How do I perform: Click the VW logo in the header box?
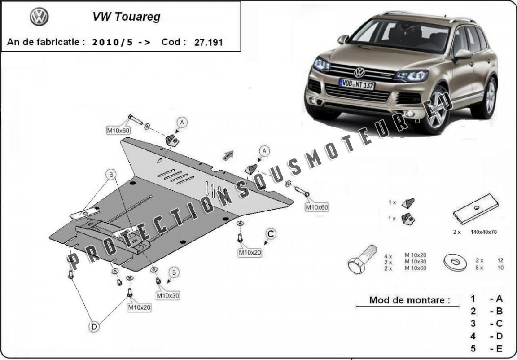tap(39, 17)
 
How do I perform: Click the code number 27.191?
tap(208, 42)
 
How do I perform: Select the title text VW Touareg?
tap(126, 17)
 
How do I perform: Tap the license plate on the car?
tap(357, 84)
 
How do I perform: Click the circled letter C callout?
tap(271, 234)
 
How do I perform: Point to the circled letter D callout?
tap(94, 327)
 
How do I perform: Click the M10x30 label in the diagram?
tap(168, 295)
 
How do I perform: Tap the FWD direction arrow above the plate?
tap(228, 155)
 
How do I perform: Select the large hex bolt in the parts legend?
tap(362, 259)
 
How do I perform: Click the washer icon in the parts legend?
tap(456, 262)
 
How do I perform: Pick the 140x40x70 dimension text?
tap(483, 232)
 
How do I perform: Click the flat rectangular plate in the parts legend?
tap(475, 209)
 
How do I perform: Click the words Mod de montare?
tap(409, 300)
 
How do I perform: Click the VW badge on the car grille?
tap(359, 72)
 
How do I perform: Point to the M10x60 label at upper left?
tap(118, 131)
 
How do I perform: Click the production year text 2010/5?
tap(113, 42)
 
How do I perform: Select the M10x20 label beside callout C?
tap(250, 253)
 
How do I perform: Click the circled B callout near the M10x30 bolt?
tap(174, 272)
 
